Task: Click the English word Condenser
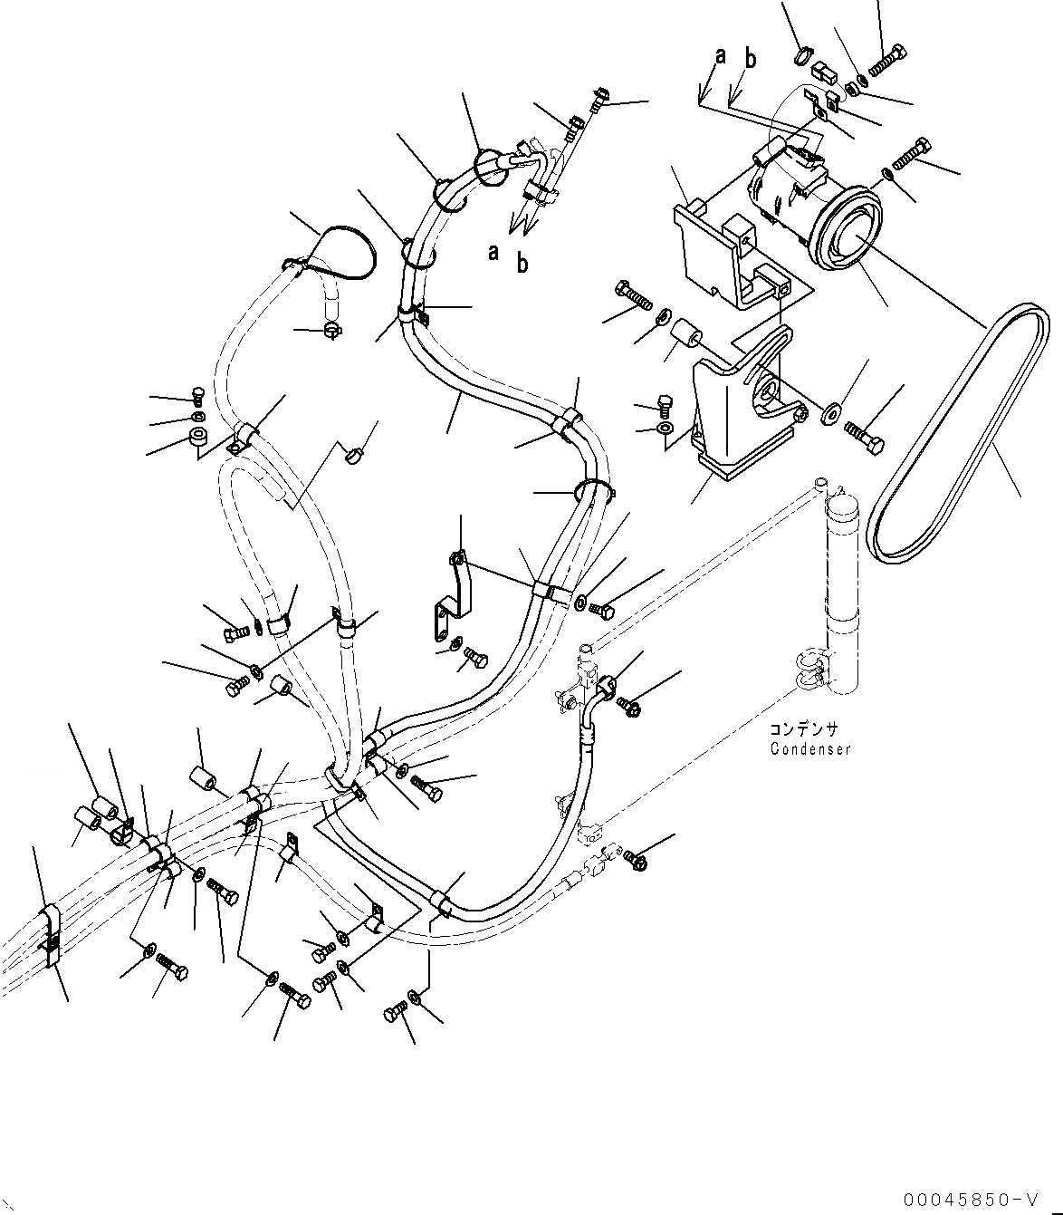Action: pos(810,749)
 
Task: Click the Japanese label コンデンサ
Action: pos(804,729)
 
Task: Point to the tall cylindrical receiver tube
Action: pos(842,589)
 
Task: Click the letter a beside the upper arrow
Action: pos(721,56)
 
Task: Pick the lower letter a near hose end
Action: pos(493,253)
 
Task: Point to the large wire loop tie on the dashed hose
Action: pos(340,249)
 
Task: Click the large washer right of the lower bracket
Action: pos(828,414)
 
